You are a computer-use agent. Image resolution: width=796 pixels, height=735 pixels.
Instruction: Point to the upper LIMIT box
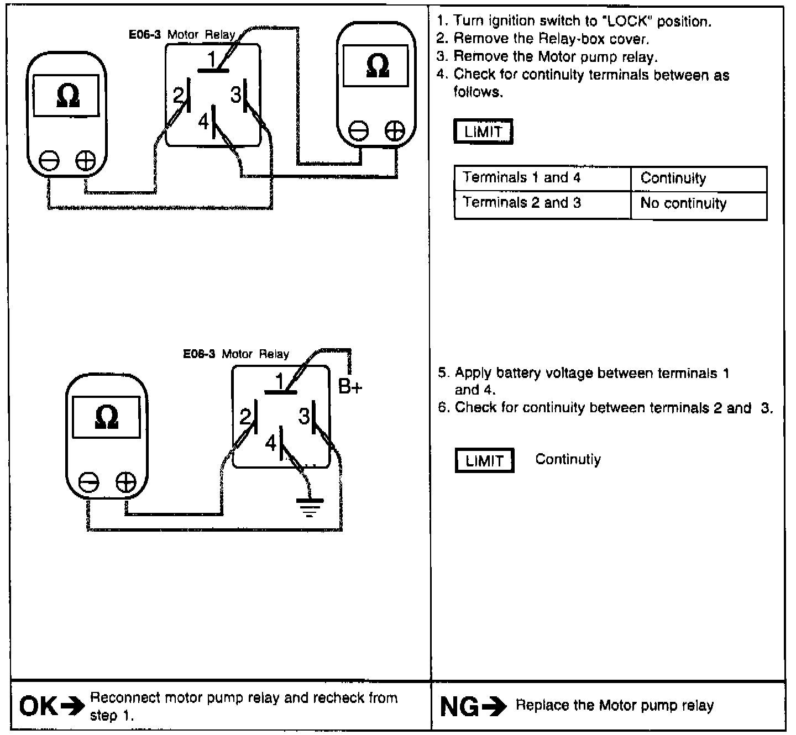click(483, 132)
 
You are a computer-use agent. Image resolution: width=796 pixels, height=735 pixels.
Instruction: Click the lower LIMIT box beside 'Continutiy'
click(484, 460)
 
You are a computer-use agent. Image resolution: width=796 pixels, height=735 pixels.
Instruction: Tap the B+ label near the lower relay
click(350, 387)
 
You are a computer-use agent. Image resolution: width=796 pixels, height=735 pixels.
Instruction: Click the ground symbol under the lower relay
click(310, 506)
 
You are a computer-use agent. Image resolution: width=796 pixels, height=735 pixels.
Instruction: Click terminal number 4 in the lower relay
click(271, 443)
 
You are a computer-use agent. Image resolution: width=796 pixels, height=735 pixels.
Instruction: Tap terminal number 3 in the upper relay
click(236, 96)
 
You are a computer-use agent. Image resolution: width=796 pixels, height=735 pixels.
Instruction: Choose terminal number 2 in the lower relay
click(245, 416)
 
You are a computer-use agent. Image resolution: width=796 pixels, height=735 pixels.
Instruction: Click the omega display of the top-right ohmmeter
click(378, 65)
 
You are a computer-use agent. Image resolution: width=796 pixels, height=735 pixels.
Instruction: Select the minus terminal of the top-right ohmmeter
click(359, 131)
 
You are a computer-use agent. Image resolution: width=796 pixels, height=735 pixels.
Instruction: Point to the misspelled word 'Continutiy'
click(568, 460)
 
